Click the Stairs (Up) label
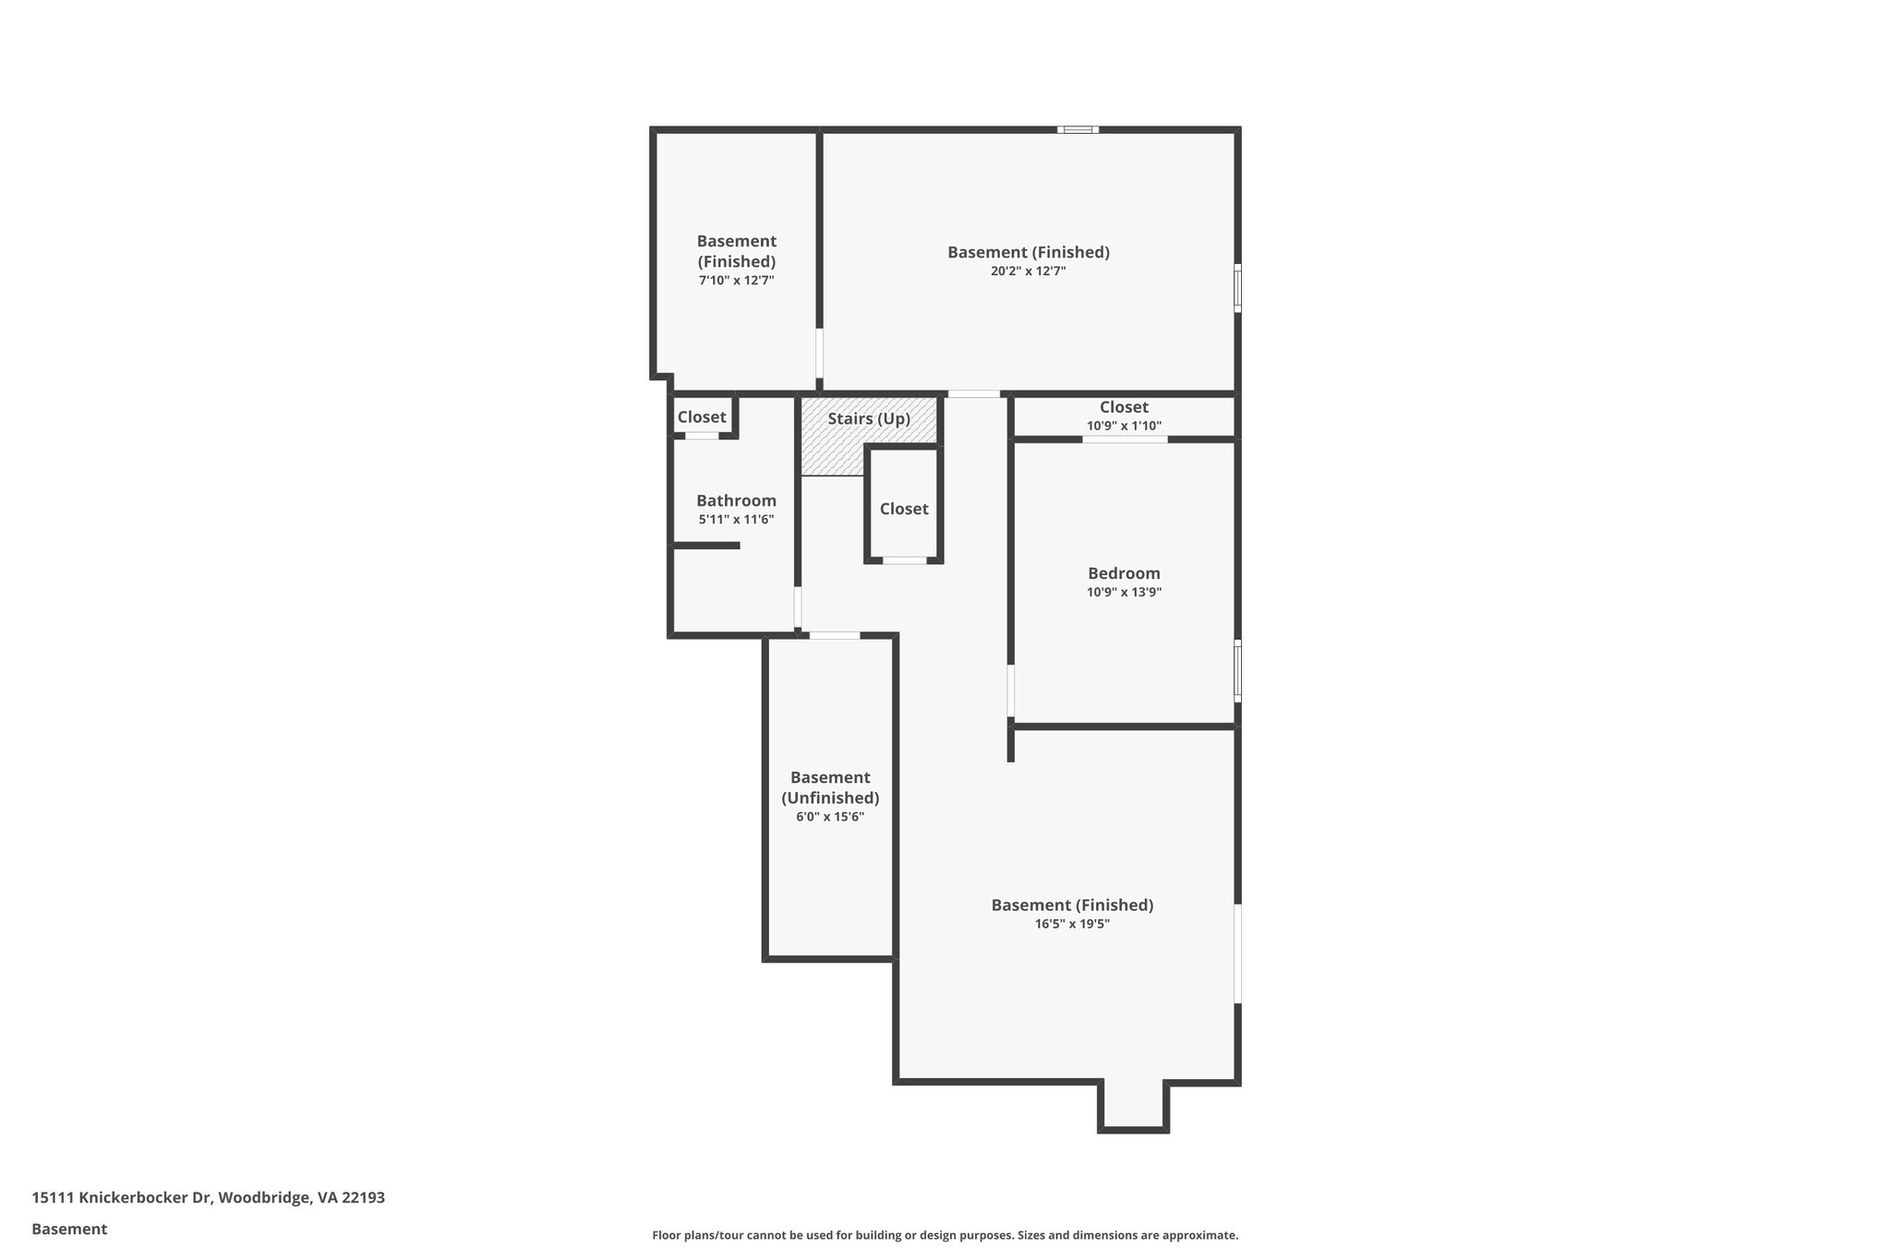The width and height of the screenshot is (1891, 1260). click(868, 419)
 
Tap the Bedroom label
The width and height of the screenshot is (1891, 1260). click(1124, 573)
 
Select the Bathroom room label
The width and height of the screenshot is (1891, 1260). click(736, 501)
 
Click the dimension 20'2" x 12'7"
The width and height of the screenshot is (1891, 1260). click(1028, 271)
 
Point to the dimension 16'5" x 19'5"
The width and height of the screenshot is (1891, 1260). click(1072, 924)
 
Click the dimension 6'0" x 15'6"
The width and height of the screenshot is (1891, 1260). click(829, 817)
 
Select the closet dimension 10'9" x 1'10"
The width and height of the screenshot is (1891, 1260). click(1124, 426)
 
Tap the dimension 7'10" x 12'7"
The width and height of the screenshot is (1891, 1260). click(736, 281)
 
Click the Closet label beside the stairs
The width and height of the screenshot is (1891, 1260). click(904, 510)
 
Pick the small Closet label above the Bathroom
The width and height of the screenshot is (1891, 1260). click(702, 417)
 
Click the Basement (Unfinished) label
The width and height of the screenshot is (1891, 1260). click(830, 787)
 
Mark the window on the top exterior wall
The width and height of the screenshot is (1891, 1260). click(1078, 130)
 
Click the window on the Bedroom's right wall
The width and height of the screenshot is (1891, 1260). click(1237, 670)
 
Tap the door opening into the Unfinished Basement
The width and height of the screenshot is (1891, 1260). click(834, 635)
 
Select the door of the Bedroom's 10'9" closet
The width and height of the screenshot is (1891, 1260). click(1124, 439)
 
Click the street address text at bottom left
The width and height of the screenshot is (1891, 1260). click(208, 1198)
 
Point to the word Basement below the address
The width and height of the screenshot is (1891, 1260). click(69, 1230)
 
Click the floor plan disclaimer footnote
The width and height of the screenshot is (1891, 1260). click(945, 1235)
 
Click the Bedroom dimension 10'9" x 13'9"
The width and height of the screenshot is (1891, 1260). click(1124, 593)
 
